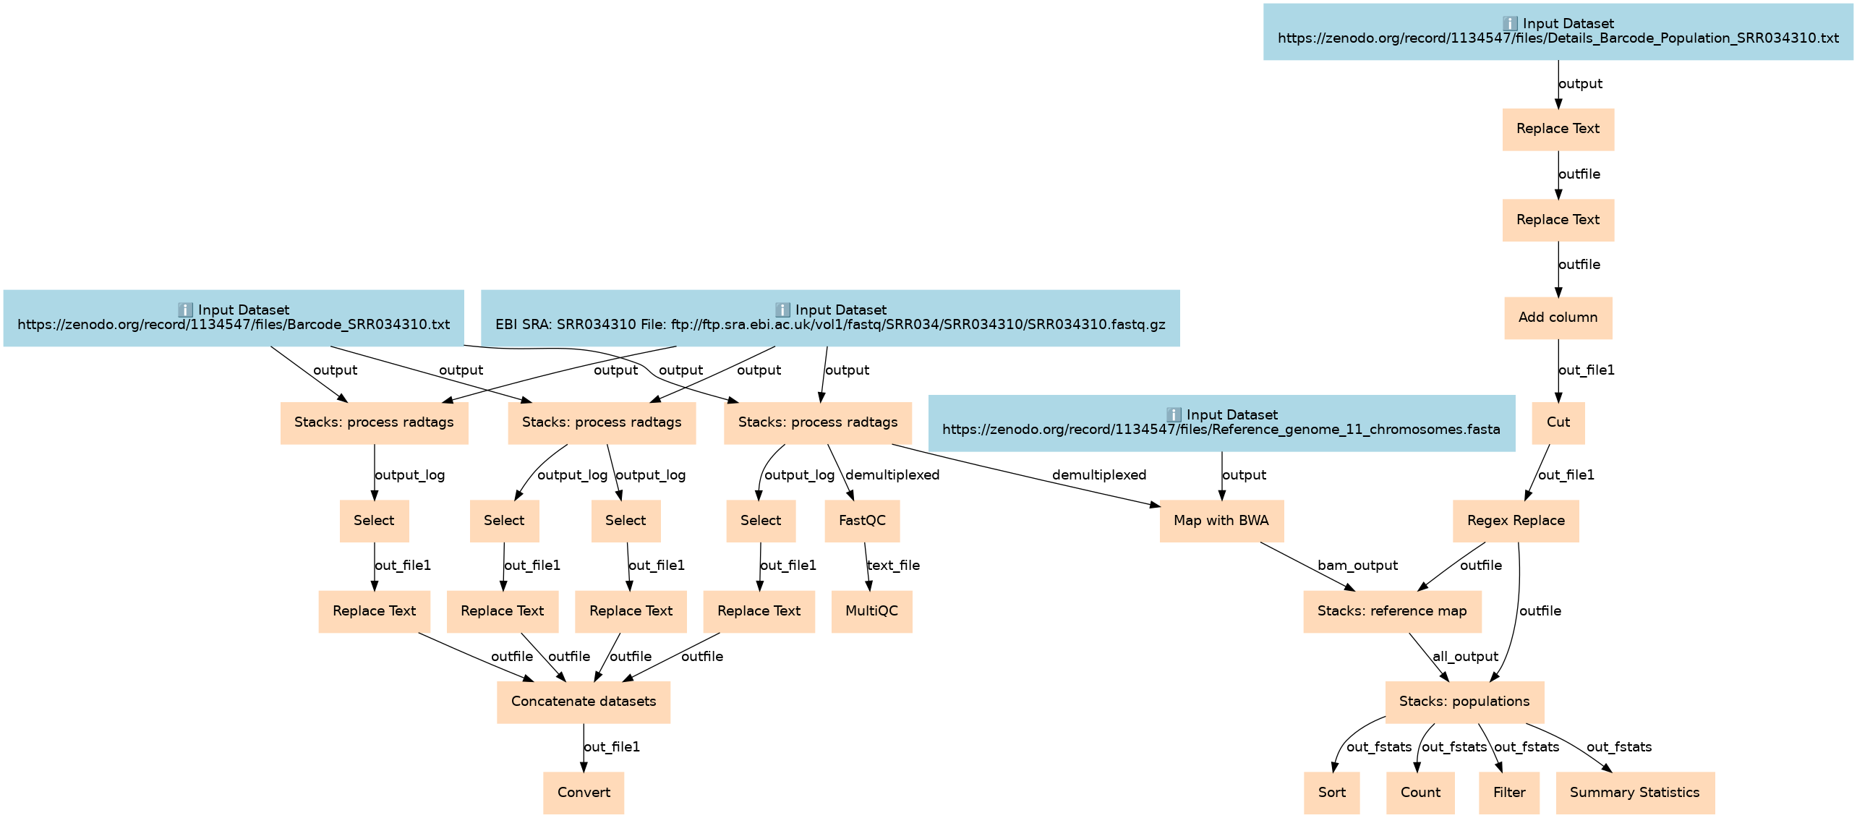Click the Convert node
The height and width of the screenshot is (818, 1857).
pos(584,792)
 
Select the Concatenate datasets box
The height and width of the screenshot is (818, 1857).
pos(584,702)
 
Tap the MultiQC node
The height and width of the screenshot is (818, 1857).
pos(871,611)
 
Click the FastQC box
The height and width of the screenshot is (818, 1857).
pos(862,521)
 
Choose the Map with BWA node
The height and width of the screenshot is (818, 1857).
pos(1221,521)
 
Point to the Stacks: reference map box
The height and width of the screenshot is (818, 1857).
pos(1392,611)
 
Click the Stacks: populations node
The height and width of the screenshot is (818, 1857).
pos(1464,702)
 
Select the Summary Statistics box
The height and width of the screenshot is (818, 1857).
pos(1634,792)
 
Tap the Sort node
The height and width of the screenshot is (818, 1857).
pos(1331,792)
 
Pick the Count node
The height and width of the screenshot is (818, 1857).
pos(1420,792)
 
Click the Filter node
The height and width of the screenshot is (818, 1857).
pos(1509,792)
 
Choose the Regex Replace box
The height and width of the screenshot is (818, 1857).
pos(1516,521)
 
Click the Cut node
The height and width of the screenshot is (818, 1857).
pos(1558,422)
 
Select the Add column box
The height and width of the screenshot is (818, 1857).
pos(1558,318)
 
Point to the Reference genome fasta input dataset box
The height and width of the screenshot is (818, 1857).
pos(1221,422)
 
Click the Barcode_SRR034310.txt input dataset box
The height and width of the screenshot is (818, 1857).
pos(234,318)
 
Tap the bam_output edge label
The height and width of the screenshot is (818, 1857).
pos(1357,566)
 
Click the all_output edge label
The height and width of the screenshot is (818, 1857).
pos(1465,657)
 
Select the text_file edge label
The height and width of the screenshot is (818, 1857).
pos(893,566)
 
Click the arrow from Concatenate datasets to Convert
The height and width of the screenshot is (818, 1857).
pos(584,748)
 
